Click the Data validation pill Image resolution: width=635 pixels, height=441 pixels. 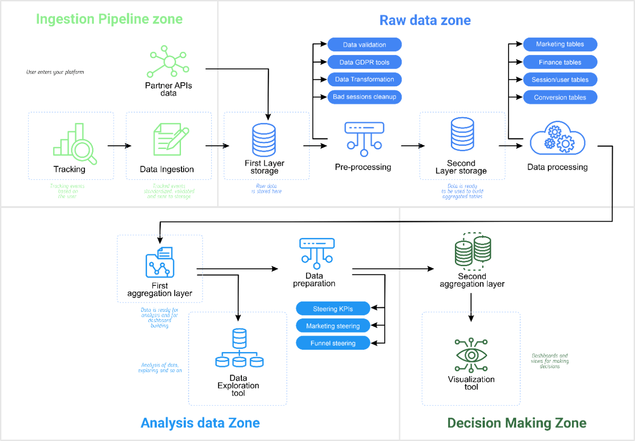point(364,45)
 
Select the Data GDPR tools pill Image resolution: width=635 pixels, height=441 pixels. point(364,62)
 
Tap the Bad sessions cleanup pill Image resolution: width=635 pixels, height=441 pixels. point(364,97)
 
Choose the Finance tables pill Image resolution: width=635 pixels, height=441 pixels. point(560,62)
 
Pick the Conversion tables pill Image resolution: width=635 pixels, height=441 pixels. point(560,97)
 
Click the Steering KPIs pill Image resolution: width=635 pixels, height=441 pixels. point(332,309)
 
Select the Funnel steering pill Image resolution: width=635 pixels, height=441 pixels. point(332,343)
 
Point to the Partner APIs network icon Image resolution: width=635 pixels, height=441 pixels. point(169,62)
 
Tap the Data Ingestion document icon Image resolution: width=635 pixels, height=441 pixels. point(170,139)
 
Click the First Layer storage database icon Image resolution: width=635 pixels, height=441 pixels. point(264,140)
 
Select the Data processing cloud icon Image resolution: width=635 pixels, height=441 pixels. point(557,139)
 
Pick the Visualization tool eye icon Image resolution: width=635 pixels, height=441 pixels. point(471,355)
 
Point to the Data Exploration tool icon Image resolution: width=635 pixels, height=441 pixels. point(239,348)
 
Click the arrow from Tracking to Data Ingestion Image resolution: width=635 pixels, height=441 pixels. point(119,146)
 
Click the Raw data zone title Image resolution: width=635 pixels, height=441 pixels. point(425,20)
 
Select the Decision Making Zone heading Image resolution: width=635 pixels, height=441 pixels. point(517,423)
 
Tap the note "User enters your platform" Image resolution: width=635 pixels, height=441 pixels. point(55,72)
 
